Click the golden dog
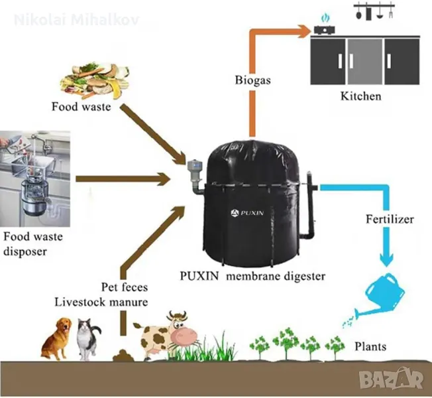[x=59, y=336]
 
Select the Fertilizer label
[x=390, y=218]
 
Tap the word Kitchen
[x=360, y=96]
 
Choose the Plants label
[x=370, y=346]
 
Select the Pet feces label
[x=125, y=288]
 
